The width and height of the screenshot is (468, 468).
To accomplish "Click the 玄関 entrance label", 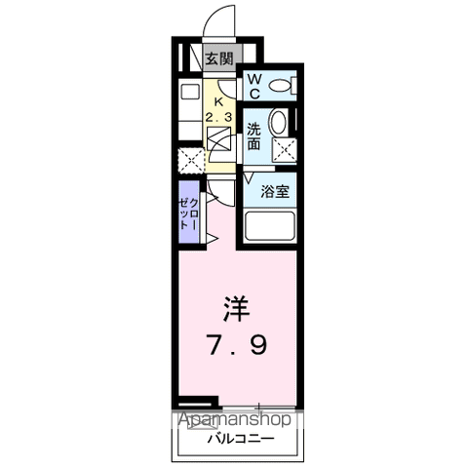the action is click(219, 59).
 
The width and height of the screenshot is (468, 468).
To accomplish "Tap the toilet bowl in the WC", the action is click(280, 86).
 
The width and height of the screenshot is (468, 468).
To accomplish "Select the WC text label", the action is click(254, 86).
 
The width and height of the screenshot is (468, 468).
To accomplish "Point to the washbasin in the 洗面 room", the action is click(278, 122).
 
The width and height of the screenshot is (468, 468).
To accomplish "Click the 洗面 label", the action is click(253, 136).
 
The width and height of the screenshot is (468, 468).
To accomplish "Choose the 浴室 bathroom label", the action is click(275, 192).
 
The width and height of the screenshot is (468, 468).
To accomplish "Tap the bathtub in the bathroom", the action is click(269, 226).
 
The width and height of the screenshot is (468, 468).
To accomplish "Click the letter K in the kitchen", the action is click(218, 101).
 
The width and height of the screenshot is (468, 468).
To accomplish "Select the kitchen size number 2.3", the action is click(218, 117).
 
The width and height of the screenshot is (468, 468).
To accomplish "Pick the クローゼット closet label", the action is click(189, 214).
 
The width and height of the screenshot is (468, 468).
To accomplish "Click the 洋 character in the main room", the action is click(236, 309).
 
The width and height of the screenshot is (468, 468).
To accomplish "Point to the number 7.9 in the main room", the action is click(238, 345).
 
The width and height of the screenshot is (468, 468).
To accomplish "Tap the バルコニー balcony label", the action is click(241, 440).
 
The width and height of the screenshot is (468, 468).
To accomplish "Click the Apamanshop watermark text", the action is click(235, 419).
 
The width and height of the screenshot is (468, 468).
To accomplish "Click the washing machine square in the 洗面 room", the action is click(285, 150).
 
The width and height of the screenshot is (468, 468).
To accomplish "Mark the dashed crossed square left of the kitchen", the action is click(191, 160).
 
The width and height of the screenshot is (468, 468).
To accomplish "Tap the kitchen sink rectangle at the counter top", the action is click(190, 92).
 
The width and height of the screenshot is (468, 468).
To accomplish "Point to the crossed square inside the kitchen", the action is click(219, 138).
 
